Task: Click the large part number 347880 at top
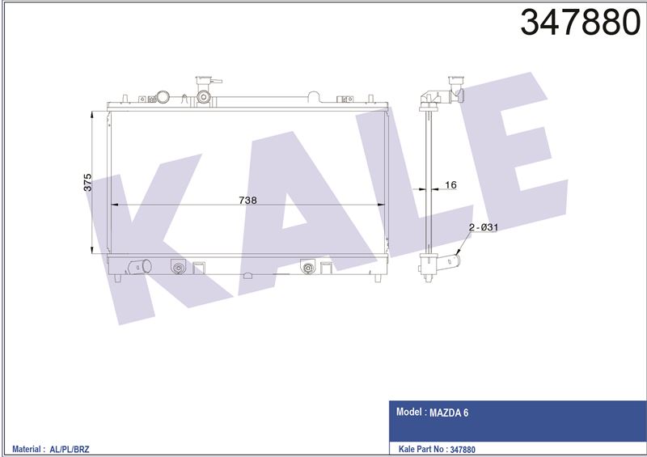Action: (580, 23)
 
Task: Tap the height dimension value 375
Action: (87, 183)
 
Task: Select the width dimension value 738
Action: (247, 201)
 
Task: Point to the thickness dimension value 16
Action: (451, 185)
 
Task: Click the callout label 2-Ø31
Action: (484, 227)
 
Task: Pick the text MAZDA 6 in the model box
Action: (449, 413)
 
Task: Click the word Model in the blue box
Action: (409, 412)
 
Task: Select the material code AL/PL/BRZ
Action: (70, 449)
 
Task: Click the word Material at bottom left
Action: (27, 449)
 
